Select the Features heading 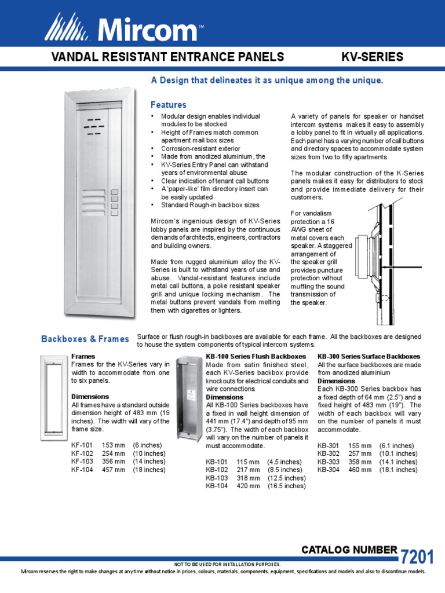click(169, 105)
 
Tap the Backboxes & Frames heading click(85, 339)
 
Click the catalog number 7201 click(416, 557)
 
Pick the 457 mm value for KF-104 click(114, 470)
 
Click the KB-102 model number click(217, 470)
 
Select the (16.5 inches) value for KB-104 click(286, 486)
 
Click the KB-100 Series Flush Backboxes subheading click(256, 356)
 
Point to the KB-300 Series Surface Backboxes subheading click(369, 356)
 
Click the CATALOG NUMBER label click(349, 550)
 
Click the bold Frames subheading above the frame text click(83, 356)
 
